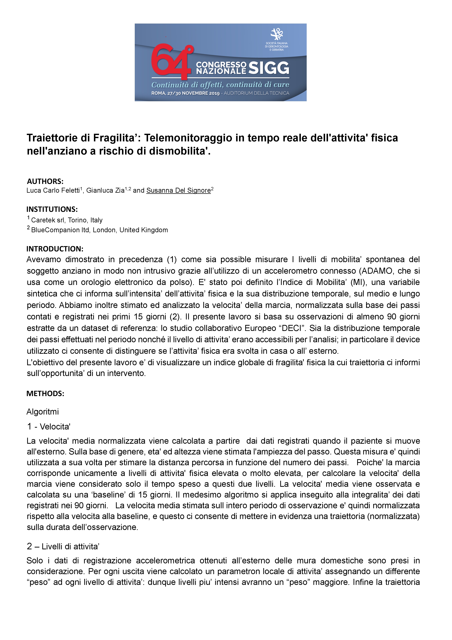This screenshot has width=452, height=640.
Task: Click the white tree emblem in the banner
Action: (x=277, y=34)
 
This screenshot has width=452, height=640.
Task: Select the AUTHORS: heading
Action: (x=45, y=182)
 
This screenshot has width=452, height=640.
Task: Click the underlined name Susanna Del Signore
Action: (x=179, y=190)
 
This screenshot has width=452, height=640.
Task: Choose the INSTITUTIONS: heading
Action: (x=52, y=209)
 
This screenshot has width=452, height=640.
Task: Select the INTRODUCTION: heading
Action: (x=55, y=249)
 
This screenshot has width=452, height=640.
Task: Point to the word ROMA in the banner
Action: (x=158, y=93)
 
